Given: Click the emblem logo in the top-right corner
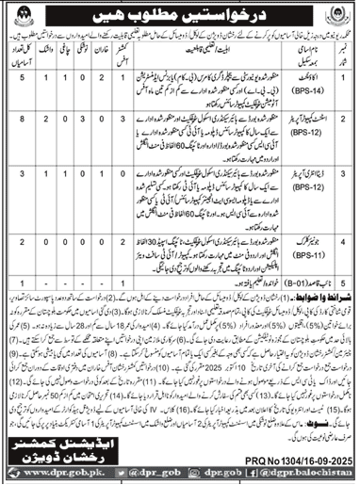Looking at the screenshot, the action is pos(335,16).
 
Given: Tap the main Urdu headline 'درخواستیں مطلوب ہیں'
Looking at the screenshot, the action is pos(180,17).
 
